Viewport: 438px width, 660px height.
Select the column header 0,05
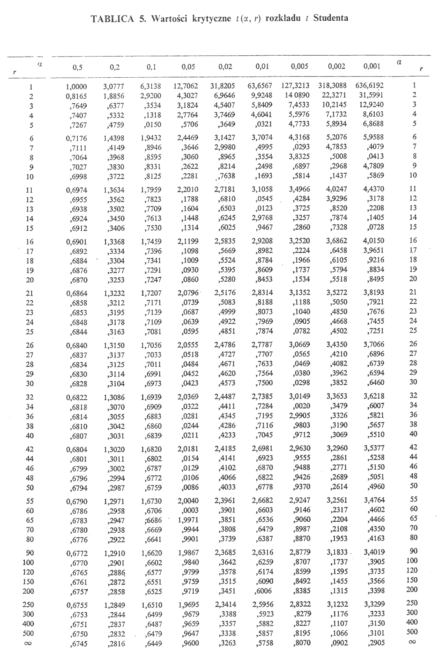(x=188, y=67)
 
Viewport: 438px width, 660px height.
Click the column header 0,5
(x=77, y=68)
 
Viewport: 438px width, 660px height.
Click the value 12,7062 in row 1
(x=185, y=86)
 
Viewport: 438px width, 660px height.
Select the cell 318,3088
(x=332, y=85)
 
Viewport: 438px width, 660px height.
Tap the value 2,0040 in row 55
(x=188, y=501)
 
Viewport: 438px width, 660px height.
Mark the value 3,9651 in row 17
(x=373, y=250)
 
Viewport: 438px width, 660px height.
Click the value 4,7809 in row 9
(x=373, y=166)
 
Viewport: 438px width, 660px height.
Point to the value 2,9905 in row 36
(x=299, y=415)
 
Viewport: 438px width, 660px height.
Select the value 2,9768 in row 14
(x=262, y=218)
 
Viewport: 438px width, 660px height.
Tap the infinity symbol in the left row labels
(x=28, y=643)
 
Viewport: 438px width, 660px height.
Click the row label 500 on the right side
(x=412, y=632)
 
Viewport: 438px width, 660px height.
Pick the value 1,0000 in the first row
(x=76, y=87)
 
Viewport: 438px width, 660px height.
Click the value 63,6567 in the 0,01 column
(x=259, y=86)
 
